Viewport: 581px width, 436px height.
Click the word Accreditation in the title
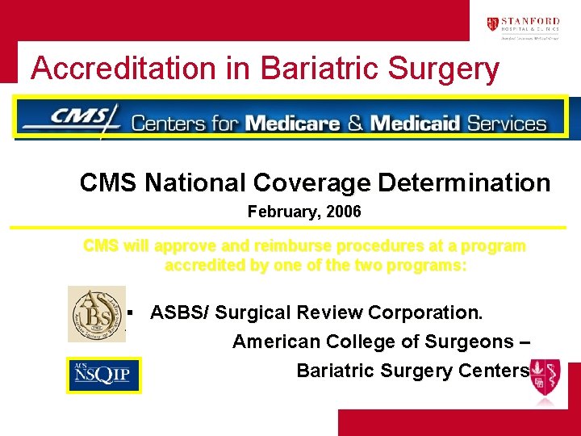point(126,69)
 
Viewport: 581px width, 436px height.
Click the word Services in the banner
point(507,124)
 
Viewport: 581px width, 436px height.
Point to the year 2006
point(345,212)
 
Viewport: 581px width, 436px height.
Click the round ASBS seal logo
point(96,313)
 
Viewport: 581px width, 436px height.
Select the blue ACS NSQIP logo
point(103,375)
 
